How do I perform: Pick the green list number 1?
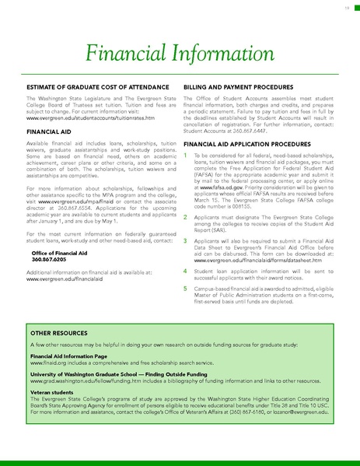[185, 156]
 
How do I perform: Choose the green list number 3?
[185, 243]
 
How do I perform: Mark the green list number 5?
[185, 288]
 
